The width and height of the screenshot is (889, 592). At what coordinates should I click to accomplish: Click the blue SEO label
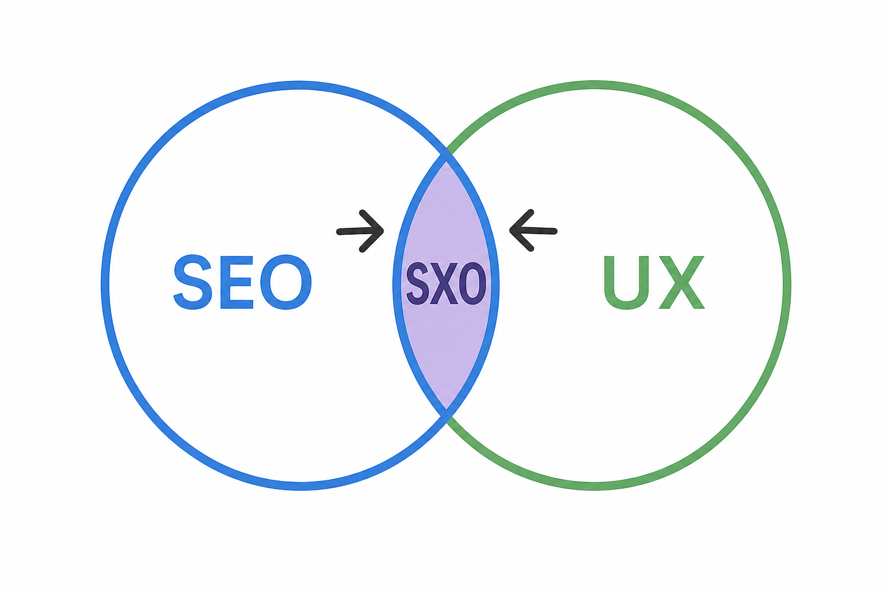click(243, 282)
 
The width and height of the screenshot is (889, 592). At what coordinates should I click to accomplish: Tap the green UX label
click(654, 282)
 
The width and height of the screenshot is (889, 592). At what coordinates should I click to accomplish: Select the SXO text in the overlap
click(446, 283)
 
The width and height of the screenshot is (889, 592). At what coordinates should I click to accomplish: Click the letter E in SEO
click(237, 282)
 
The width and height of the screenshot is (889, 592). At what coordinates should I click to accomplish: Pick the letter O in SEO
click(286, 282)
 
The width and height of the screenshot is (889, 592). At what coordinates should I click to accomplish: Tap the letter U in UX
click(626, 282)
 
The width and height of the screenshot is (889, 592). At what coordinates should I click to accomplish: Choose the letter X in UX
click(681, 282)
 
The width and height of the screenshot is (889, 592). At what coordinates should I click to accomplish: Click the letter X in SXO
click(446, 283)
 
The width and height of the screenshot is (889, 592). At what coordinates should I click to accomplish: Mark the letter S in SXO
click(419, 283)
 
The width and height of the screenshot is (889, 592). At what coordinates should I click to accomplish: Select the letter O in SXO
click(474, 283)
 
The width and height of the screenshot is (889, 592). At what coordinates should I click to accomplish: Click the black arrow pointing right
click(360, 231)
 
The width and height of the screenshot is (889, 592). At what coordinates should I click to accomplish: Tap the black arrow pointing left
click(534, 231)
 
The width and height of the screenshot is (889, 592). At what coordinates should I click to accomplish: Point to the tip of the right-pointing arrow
click(383, 231)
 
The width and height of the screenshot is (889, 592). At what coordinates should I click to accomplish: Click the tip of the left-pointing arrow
click(510, 230)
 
